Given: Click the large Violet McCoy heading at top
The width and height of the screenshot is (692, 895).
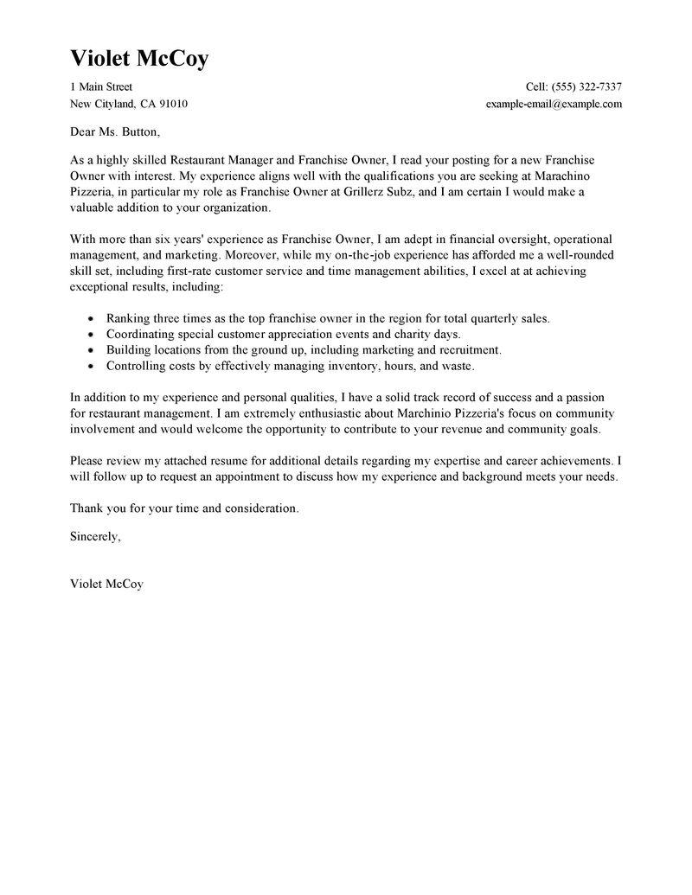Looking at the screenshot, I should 139,59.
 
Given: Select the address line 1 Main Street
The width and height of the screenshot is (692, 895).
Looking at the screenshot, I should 101,86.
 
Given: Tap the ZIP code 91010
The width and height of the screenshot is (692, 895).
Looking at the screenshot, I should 171,104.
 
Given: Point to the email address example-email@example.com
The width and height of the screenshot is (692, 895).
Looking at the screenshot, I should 554,104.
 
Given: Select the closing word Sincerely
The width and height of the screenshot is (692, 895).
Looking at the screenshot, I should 95,536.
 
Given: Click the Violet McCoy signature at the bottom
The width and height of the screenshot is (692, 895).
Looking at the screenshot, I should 106,584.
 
